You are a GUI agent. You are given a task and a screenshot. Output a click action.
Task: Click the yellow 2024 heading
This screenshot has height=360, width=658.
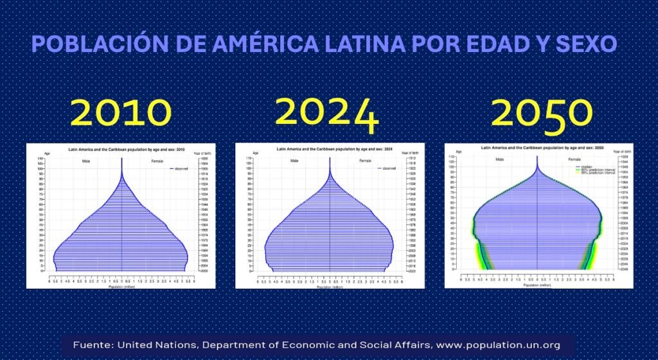pos(327,113)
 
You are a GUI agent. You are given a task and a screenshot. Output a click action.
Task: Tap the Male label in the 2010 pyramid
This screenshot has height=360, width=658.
pos(85,161)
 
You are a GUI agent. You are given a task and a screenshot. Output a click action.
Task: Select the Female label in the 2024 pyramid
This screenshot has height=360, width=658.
pos(365,160)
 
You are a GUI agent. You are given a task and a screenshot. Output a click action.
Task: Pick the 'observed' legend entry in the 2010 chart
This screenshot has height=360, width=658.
pos(180,168)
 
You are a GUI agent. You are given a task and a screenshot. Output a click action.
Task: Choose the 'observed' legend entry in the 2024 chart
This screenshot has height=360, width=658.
pos(389,168)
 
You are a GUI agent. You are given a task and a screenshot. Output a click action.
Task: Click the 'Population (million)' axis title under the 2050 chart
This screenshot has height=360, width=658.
pos(537,284)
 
